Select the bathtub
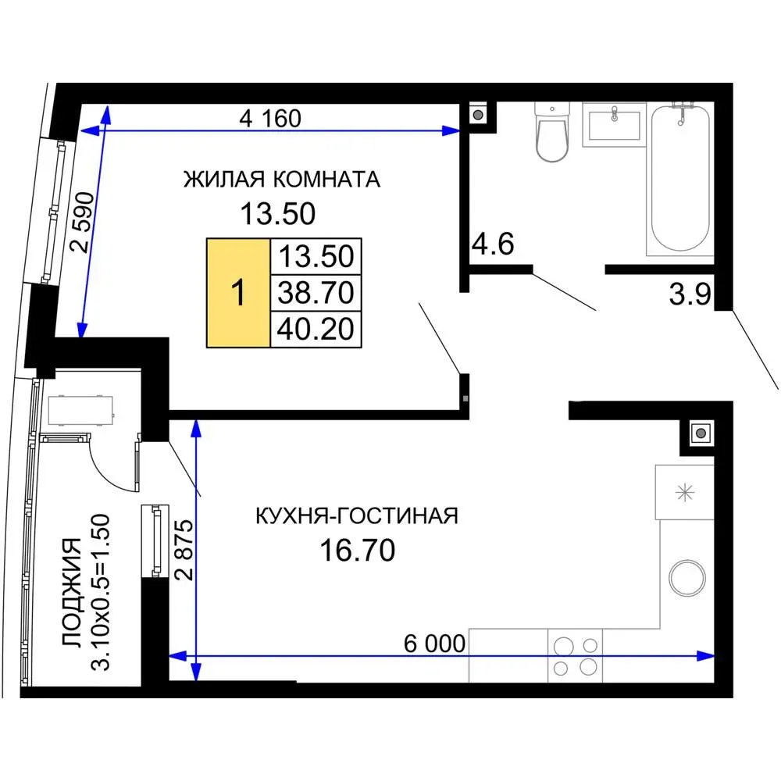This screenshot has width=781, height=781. click(680, 179)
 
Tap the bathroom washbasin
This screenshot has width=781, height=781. click(614, 124)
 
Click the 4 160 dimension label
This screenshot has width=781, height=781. click(270, 119)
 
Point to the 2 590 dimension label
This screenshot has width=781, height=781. click(83, 222)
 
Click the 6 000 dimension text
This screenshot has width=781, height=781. click(434, 644)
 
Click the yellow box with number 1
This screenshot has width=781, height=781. click(238, 292)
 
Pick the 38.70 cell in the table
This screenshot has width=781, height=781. click(316, 292)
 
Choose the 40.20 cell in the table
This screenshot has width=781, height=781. click(316, 330)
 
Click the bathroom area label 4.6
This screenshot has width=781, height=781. click(493, 244)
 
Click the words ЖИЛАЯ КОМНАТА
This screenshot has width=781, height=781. click(282, 180)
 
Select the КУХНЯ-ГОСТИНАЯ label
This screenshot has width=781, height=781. click(357, 516)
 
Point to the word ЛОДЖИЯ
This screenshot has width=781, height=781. click(72, 592)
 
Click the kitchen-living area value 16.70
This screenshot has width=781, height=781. click(358, 551)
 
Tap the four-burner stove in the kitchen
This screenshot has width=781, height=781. click(576, 655)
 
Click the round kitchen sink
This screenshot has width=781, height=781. click(686, 578)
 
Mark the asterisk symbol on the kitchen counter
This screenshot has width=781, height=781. click(685, 493)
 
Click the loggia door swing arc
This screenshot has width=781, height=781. click(105, 473)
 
